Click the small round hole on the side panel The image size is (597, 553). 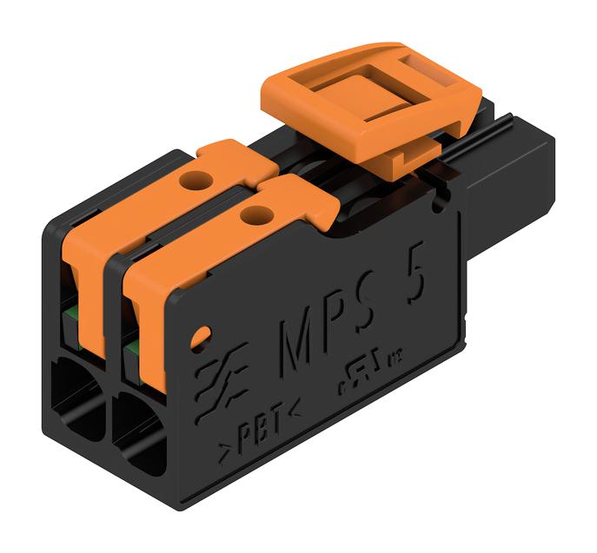pyautogui.click(x=202, y=333)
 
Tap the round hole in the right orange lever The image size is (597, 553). pyautogui.click(x=253, y=211)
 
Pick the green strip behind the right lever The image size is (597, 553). pyautogui.click(x=132, y=348)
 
